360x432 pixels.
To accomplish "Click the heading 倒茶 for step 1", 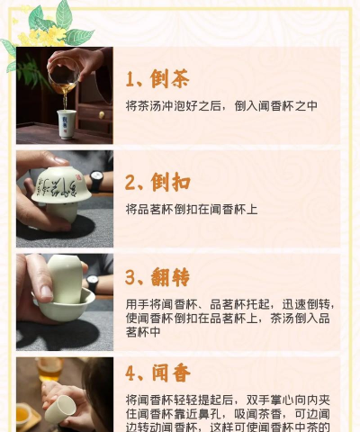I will [x=170, y=78].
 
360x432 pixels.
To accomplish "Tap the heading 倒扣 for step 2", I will [x=170, y=182].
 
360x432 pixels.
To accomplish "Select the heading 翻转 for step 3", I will [x=170, y=276].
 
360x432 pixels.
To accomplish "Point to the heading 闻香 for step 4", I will [x=170, y=373].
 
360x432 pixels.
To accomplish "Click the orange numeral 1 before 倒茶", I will [x=130, y=79].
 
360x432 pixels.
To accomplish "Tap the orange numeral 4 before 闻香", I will [x=131, y=373].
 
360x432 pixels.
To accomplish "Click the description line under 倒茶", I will [x=221, y=106].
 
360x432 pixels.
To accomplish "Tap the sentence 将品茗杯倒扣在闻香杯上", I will [x=192, y=209].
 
